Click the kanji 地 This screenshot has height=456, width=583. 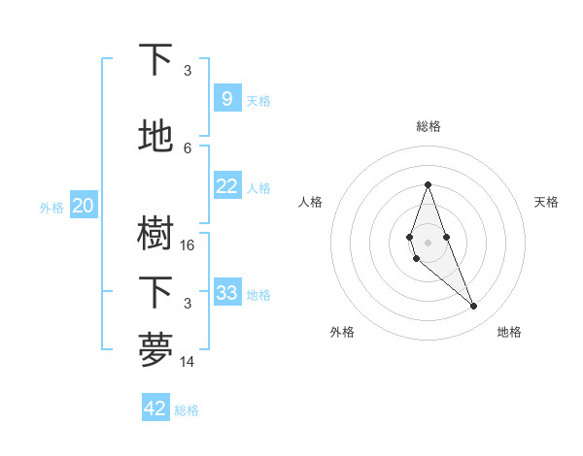point(156,136)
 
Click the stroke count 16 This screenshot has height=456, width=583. point(188,245)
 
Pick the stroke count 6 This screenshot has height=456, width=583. point(188,147)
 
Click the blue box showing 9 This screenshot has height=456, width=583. point(226,99)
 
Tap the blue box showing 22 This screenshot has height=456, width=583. point(226,186)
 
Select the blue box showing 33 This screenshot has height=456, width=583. point(226,293)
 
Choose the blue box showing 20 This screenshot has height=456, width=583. point(83,206)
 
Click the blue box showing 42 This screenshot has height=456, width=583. point(155,408)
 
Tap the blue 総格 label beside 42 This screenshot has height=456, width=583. point(187,410)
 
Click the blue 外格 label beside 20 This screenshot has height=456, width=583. point(51,207)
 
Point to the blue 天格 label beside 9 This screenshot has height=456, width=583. point(258,101)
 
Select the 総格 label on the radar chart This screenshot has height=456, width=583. point(428,126)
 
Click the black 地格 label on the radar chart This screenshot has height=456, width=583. point(509,332)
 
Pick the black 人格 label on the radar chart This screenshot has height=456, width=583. point(311,202)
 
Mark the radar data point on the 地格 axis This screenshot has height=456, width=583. point(473,307)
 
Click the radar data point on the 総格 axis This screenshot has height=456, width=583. point(428,183)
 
